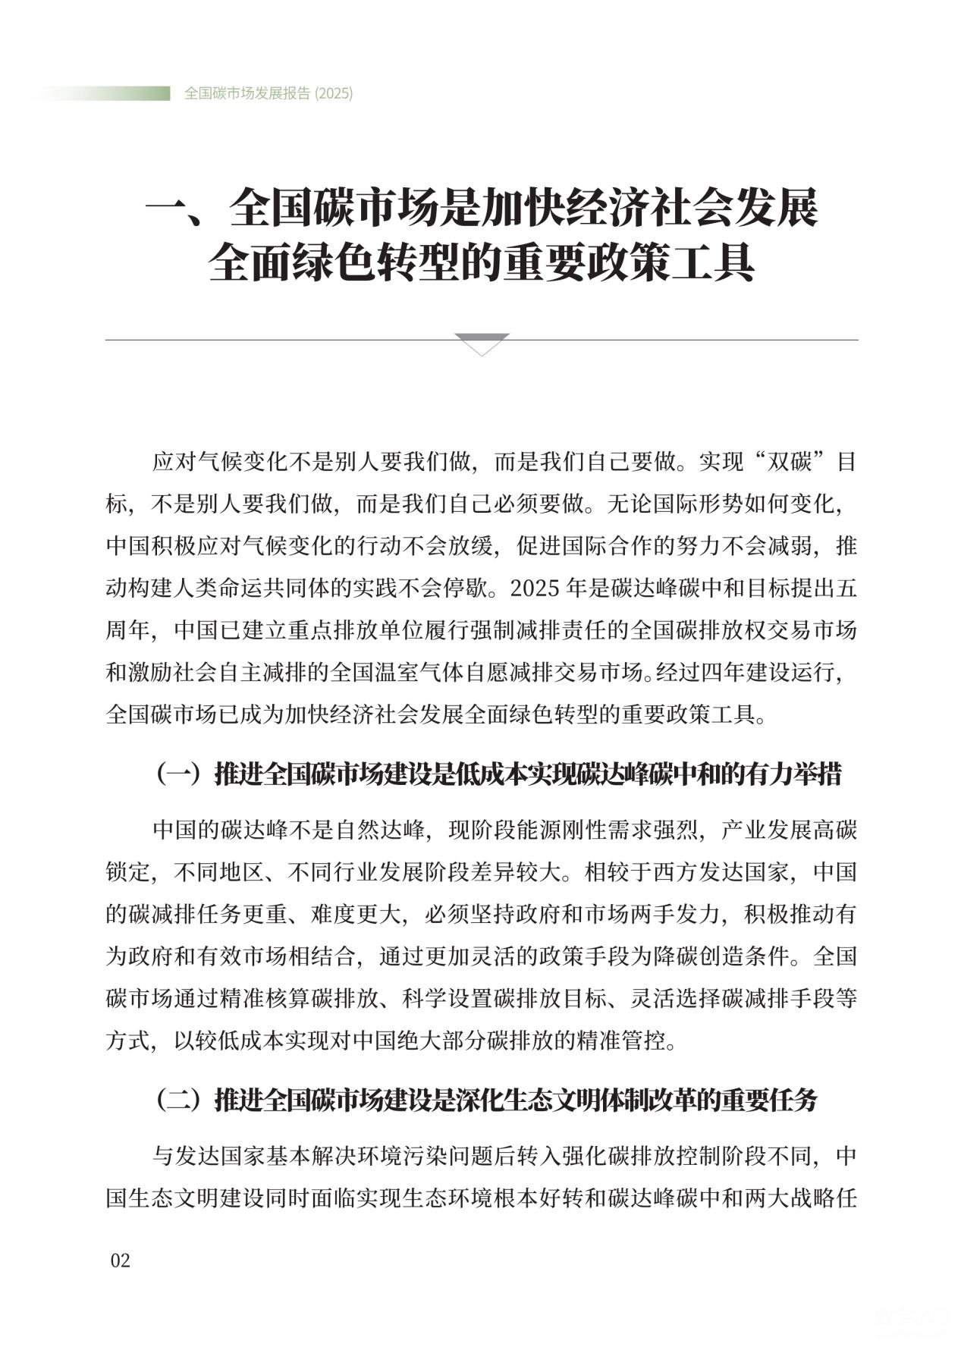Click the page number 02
click(x=121, y=1260)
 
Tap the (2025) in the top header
click(x=333, y=93)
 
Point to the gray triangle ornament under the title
click(x=482, y=344)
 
